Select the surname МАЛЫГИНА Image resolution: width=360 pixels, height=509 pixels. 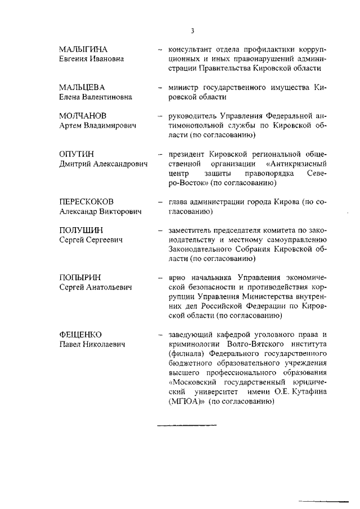click(x=83, y=49)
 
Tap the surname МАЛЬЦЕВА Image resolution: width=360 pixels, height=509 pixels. click(x=82, y=87)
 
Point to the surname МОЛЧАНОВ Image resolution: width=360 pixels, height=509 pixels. click(x=83, y=116)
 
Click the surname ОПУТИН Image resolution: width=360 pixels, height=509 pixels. click(x=78, y=154)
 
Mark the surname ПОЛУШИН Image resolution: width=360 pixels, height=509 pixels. click(x=81, y=230)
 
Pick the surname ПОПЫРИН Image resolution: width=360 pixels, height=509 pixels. click(x=81, y=278)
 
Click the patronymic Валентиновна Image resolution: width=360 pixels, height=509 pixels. click(x=107, y=97)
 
